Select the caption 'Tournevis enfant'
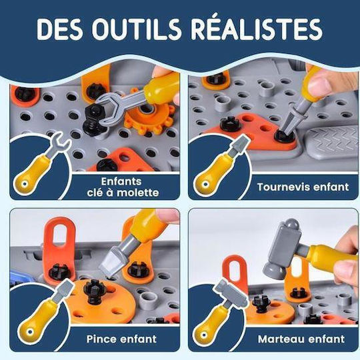[x=303, y=187]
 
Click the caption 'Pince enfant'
[x=121, y=339]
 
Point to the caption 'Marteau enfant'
[x=301, y=339]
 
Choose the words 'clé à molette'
[x=123, y=193]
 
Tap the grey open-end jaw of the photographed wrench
[x=108, y=105]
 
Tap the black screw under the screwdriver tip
[x=285, y=136]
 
